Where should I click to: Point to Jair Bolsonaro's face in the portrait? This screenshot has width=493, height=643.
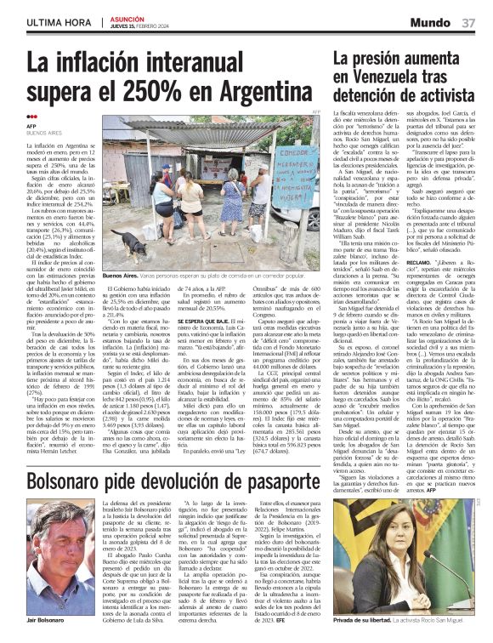click(x=59, y=553)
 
